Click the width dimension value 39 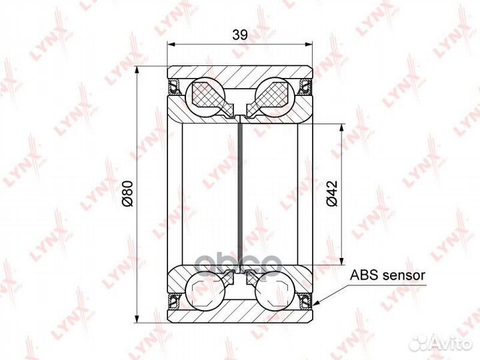tap(240, 35)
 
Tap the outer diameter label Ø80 tap(127, 194)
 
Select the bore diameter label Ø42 tap(332, 193)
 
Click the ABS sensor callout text tap(387, 275)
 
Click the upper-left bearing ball tap(206, 97)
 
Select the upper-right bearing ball tap(275, 97)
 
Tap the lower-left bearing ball tap(206, 291)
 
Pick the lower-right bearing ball tap(275, 291)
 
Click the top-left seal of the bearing tap(175, 86)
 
